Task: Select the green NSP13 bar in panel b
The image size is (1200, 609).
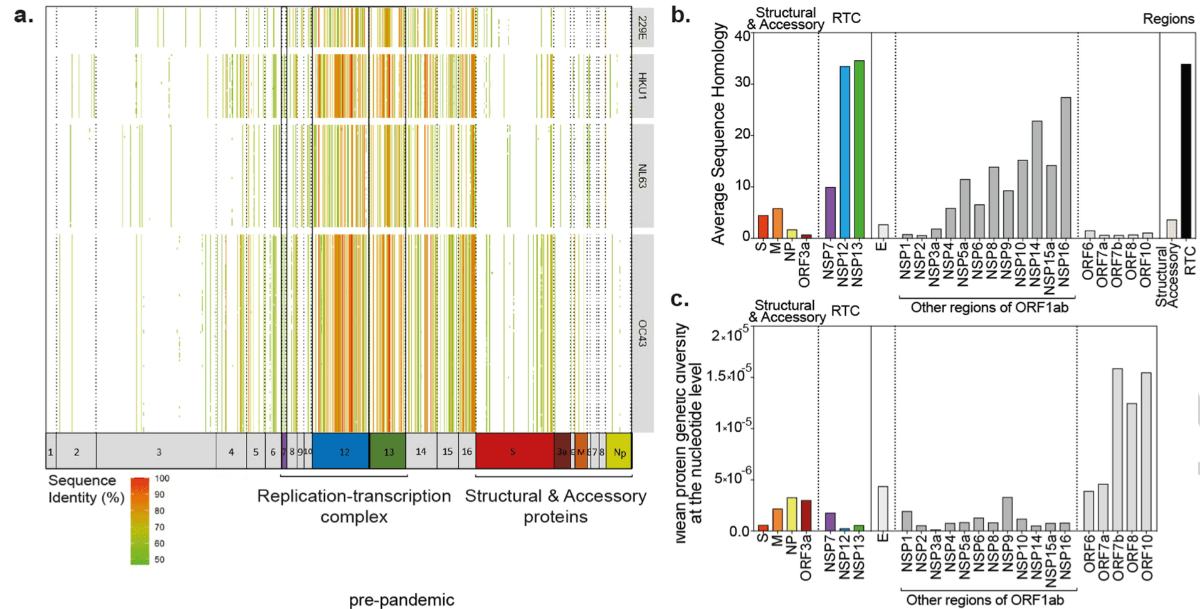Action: (859, 150)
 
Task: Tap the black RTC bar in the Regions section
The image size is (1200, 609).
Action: (1186, 151)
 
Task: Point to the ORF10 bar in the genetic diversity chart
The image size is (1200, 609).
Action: (1146, 452)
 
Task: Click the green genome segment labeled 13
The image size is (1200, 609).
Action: (387, 451)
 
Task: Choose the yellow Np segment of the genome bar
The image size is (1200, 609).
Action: (619, 452)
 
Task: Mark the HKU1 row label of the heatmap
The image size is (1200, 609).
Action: (643, 86)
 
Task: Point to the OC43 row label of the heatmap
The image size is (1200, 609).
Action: (643, 333)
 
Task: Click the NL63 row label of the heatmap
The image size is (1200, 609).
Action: (643, 176)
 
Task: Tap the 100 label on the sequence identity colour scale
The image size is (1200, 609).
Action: (162, 479)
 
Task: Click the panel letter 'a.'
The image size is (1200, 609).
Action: (24, 15)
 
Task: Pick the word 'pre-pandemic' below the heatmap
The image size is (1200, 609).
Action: (401, 600)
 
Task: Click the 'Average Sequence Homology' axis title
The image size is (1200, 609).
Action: (718, 133)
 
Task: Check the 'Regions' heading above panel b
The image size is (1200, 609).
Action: (1168, 19)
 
